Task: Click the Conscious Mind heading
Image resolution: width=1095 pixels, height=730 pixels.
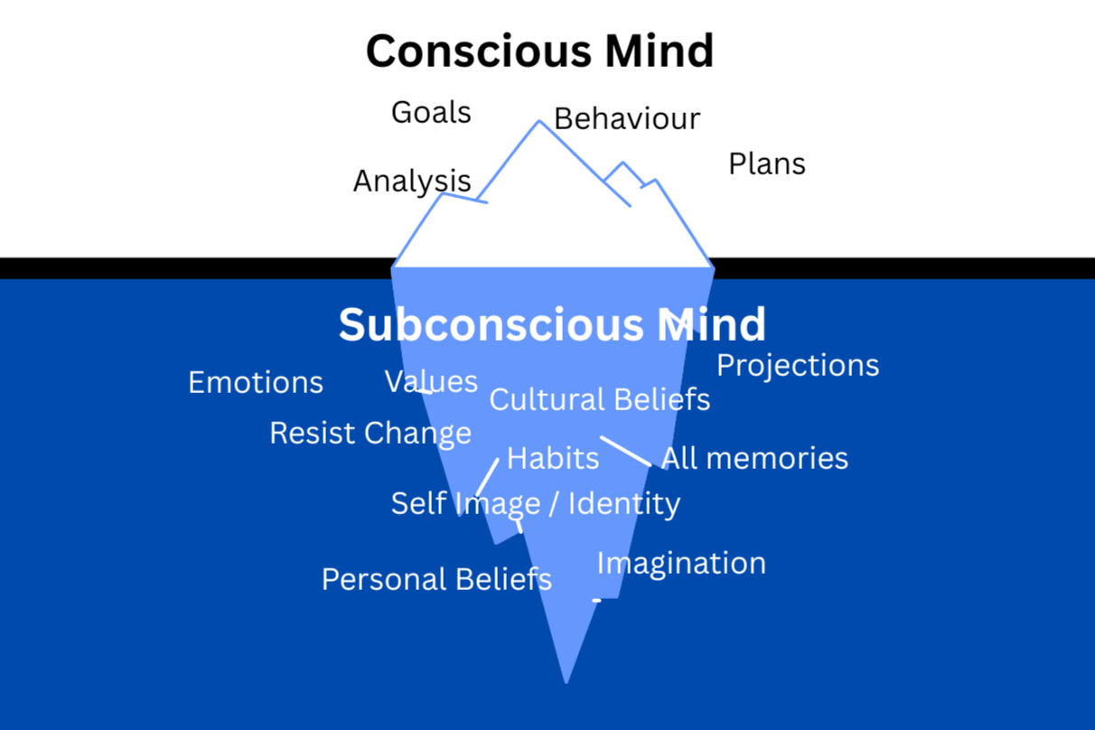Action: [539, 51]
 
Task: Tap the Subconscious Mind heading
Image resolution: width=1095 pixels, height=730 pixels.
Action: [552, 324]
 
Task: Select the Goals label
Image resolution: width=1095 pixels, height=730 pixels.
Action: [431, 113]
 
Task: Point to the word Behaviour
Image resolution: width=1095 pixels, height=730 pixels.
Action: [627, 118]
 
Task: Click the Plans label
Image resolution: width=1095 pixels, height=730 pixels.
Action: [767, 164]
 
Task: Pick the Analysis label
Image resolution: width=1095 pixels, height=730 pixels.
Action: [412, 181]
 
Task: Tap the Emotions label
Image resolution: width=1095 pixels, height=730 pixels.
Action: [256, 383]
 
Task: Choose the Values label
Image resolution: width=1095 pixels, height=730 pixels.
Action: [431, 381]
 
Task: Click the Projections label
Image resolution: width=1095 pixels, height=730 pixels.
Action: [798, 365]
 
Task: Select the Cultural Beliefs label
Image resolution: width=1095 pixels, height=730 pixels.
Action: [600, 399]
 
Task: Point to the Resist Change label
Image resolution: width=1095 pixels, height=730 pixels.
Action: [370, 433]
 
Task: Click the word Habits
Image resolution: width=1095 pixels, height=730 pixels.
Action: [553, 458]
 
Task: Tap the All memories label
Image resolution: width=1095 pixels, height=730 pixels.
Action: [754, 458]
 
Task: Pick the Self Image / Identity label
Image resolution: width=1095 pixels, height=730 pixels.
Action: [536, 503]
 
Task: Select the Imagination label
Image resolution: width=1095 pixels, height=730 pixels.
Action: [681, 563]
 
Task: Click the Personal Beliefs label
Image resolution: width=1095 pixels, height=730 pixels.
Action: [436, 578]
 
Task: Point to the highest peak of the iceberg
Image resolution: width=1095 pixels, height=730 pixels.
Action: [539, 122]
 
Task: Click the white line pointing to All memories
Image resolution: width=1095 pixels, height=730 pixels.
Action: [625, 452]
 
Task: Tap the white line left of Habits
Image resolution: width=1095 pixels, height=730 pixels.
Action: [487, 477]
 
